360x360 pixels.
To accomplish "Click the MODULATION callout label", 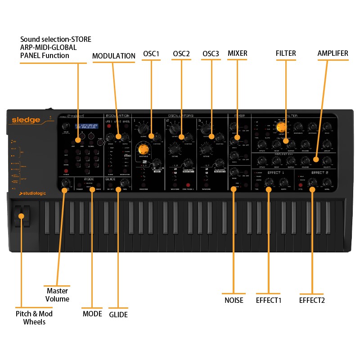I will [113, 56].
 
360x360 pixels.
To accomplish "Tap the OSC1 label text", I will [151, 54].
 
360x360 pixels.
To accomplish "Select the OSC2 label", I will [181, 54].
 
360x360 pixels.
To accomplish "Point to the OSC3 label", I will [211, 54].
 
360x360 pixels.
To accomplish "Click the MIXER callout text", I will [238, 54].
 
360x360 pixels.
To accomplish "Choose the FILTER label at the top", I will [286, 54].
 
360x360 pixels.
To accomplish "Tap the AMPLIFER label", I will [333, 54].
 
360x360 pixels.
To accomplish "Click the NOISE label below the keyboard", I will [234, 300].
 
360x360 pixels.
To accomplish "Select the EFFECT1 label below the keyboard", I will [269, 300].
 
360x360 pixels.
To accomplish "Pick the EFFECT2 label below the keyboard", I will [312, 300].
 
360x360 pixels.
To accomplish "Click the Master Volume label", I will [58, 295].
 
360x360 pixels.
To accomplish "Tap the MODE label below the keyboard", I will [92, 314].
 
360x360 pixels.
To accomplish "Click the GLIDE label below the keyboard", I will [118, 315].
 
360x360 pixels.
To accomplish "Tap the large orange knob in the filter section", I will [282, 127].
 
